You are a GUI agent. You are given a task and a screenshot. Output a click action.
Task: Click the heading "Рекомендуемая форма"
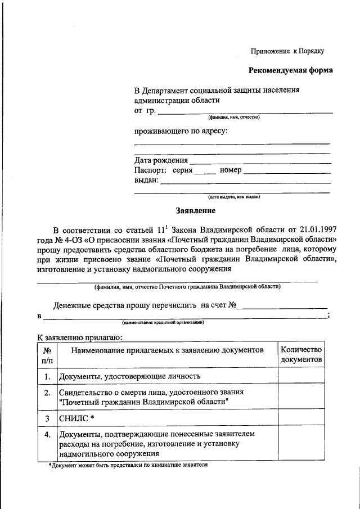(290, 70)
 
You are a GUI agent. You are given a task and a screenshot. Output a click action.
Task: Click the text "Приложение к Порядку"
(287, 51)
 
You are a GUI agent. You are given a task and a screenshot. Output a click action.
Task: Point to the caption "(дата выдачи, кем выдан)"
(233, 197)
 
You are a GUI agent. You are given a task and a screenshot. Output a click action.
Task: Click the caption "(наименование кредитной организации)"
(163, 323)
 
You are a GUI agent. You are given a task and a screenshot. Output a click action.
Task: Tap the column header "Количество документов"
(301, 354)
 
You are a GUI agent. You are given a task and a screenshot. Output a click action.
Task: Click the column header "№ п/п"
(48, 354)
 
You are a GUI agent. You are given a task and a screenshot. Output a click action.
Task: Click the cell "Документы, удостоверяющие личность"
(130, 376)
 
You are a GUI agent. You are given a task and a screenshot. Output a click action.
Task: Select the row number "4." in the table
(48, 434)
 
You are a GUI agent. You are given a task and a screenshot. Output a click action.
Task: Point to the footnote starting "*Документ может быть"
(128, 466)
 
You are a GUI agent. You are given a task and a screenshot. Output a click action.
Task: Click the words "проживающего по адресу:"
(181, 131)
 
